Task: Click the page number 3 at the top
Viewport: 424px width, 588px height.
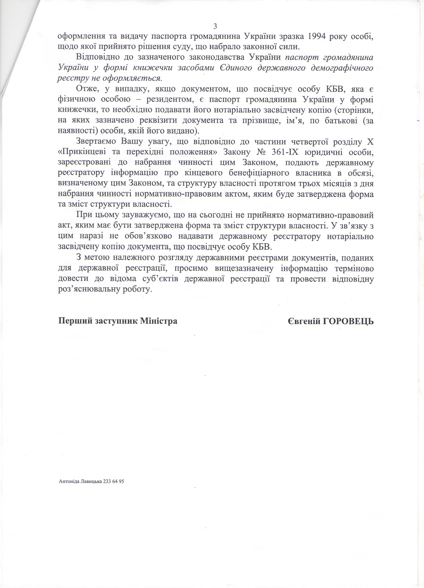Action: click(x=215, y=26)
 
